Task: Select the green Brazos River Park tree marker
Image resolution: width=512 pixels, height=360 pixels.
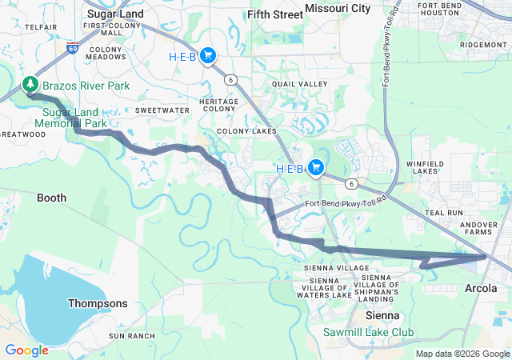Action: (30, 83)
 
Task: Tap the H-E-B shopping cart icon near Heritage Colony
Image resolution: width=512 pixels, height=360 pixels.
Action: (208, 55)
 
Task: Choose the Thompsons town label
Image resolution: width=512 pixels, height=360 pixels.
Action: (98, 303)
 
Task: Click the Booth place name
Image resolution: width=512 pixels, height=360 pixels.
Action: (52, 197)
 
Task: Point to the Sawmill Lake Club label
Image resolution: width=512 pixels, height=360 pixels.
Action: (368, 331)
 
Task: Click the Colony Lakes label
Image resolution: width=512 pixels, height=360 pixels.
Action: (246, 131)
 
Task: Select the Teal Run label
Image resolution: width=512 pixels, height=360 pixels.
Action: (444, 213)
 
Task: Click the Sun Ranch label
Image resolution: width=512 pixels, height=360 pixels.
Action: (131, 336)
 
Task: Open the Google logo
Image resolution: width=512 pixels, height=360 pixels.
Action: (26, 350)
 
